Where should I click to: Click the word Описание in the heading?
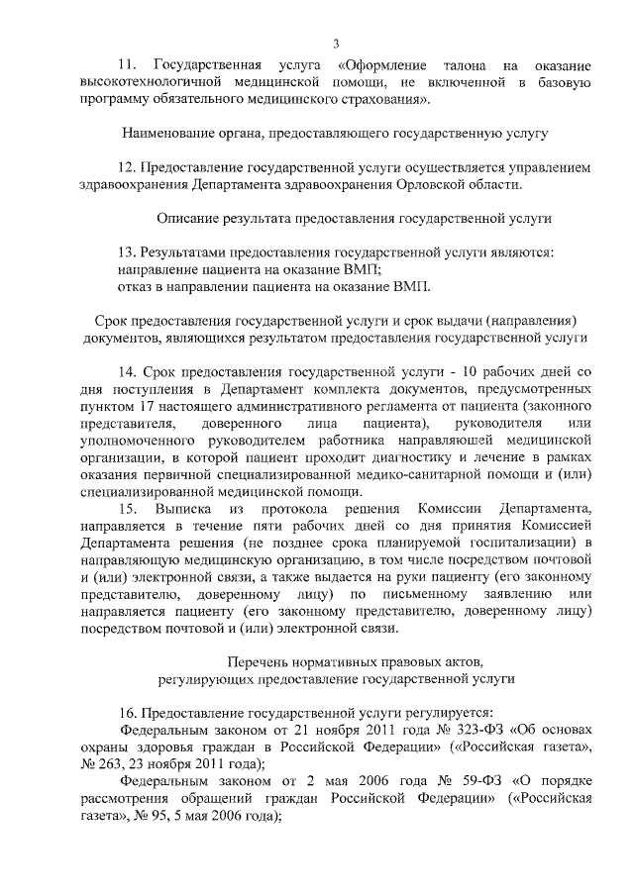coord(190,216)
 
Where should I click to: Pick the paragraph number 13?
coord(127,251)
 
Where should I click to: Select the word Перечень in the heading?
coord(259,661)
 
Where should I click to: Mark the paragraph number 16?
coord(127,713)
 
